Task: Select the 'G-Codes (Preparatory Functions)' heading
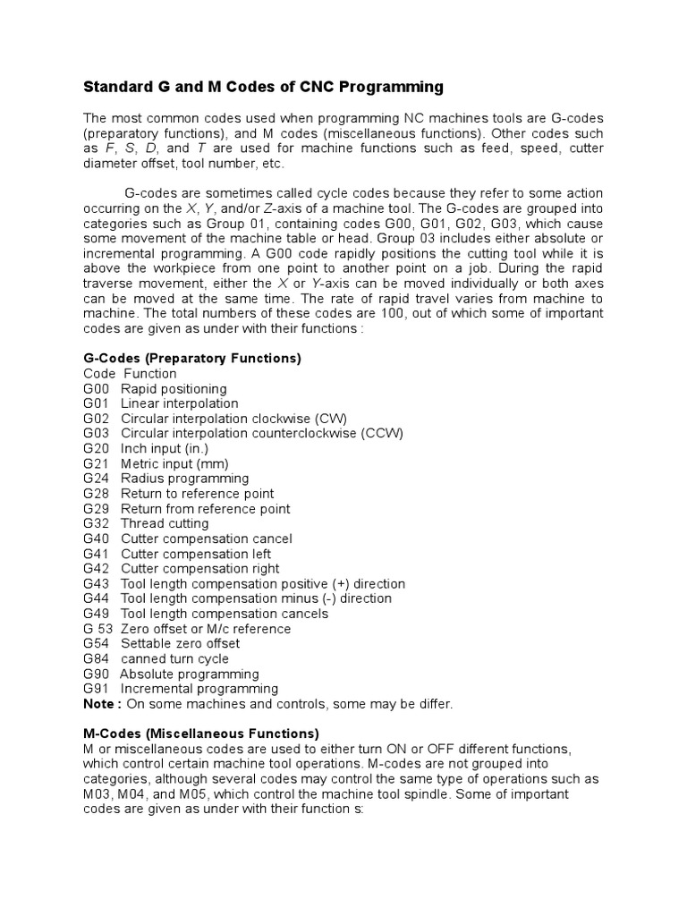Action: (x=192, y=358)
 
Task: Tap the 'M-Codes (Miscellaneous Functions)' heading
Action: (x=201, y=734)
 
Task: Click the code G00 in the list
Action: (x=96, y=389)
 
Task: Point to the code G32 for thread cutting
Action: (x=96, y=524)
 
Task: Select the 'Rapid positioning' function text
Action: (x=174, y=389)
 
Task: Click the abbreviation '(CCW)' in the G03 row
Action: (x=382, y=434)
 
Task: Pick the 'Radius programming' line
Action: (x=184, y=479)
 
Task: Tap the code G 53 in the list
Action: (x=98, y=629)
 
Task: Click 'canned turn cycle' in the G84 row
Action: (x=174, y=659)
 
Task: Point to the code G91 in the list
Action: (x=96, y=689)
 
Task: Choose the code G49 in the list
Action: (x=96, y=614)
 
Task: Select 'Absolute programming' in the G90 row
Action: (x=189, y=674)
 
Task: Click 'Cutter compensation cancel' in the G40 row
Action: (x=206, y=539)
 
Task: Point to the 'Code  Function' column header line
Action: (x=130, y=374)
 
